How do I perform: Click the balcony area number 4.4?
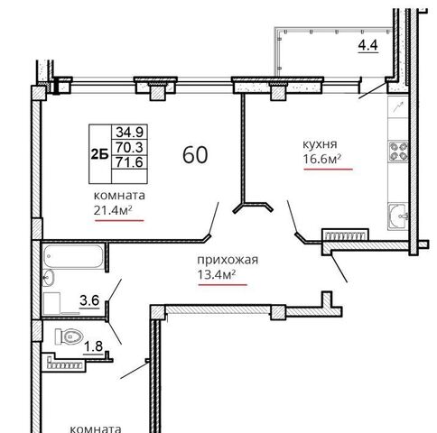pyautogui.click(x=367, y=45)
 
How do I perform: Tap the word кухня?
pyautogui.click(x=320, y=144)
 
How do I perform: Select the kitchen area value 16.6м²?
pyautogui.click(x=322, y=159)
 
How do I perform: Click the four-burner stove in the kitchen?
pyautogui.click(x=398, y=152)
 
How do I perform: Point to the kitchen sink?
pyautogui.click(x=398, y=216)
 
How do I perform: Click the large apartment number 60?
pyautogui.click(x=195, y=155)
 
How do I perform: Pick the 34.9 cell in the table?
pyautogui.click(x=130, y=132)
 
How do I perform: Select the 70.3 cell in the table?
pyautogui.click(x=130, y=147)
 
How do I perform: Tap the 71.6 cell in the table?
pyautogui.click(x=130, y=162)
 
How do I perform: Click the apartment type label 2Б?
pyautogui.click(x=99, y=155)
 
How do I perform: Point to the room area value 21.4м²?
pyautogui.click(x=113, y=210)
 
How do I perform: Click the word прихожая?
pyautogui.click(x=228, y=260)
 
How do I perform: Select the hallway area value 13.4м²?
pyautogui.click(x=217, y=274)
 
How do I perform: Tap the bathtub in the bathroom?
pyautogui.click(x=73, y=256)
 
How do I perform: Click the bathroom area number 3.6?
pyautogui.click(x=89, y=300)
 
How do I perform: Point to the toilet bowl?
pyautogui.click(x=69, y=336)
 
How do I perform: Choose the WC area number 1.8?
pyautogui.click(x=93, y=346)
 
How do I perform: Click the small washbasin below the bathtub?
pyautogui.click(x=48, y=278)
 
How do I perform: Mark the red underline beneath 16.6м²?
pyautogui.click(x=328, y=170)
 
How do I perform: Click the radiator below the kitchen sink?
pyautogui.click(x=345, y=235)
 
